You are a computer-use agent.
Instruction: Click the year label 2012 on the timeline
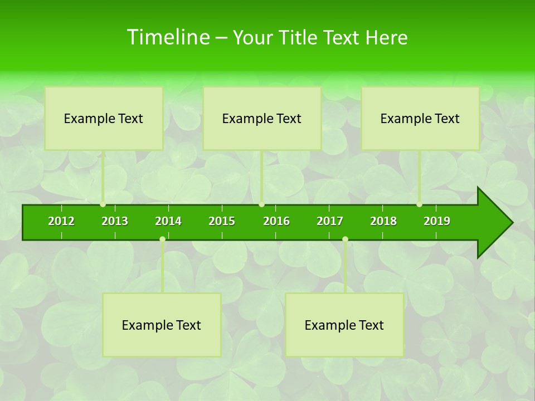61,221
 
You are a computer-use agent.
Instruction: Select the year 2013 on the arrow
115,221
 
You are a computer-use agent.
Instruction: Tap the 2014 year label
168,221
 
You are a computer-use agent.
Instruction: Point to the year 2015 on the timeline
222,221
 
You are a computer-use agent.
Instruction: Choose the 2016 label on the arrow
276,221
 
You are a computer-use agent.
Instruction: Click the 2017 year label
330,221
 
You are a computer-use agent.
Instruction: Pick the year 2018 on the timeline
383,221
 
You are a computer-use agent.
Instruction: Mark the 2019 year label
437,221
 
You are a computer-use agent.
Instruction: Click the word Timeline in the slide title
167,37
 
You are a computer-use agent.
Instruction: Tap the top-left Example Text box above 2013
104,118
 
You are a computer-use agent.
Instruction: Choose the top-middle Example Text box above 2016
262,118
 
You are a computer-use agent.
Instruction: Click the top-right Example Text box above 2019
420,118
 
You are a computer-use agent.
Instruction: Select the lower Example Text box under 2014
162,325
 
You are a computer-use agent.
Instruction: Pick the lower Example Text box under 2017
344,325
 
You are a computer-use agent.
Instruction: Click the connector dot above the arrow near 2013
103,204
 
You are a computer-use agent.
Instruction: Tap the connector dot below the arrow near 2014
162,239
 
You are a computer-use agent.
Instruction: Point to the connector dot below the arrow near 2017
345,239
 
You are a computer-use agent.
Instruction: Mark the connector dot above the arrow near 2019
420,204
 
